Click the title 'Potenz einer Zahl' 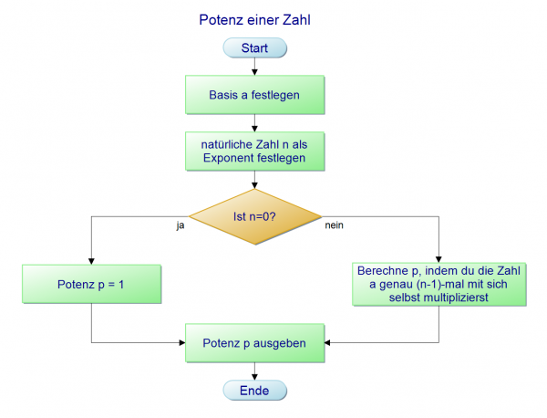click(x=253, y=17)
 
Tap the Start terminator click(x=253, y=47)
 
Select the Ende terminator click(x=254, y=391)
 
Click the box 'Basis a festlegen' click(x=254, y=95)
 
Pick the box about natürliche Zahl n click(x=254, y=151)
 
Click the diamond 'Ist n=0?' click(x=254, y=216)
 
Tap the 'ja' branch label click(x=181, y=224)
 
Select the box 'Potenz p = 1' click(x=90, y=285)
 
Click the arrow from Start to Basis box click(x=254, y=67)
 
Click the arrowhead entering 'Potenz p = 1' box click(x=91, y=260)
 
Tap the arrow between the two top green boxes click(x=254, y=123)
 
